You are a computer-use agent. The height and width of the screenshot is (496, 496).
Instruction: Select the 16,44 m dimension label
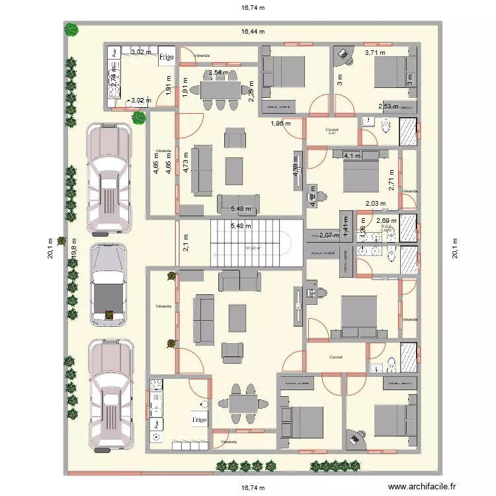click(252, 31)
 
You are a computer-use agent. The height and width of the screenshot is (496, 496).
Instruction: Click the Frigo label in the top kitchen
click(167, 58)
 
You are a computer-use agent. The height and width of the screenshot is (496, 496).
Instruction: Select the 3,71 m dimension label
click(376, 52)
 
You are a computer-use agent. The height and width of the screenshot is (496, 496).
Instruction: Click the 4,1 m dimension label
click(351, 156)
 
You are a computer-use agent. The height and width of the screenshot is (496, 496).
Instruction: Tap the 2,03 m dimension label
click(375, 204)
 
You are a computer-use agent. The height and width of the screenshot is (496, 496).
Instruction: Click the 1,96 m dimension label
click(280, 124)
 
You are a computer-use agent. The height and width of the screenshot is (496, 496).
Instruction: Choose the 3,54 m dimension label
click(218, 73)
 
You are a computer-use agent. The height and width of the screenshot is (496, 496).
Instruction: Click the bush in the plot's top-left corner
click(71, 30)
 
